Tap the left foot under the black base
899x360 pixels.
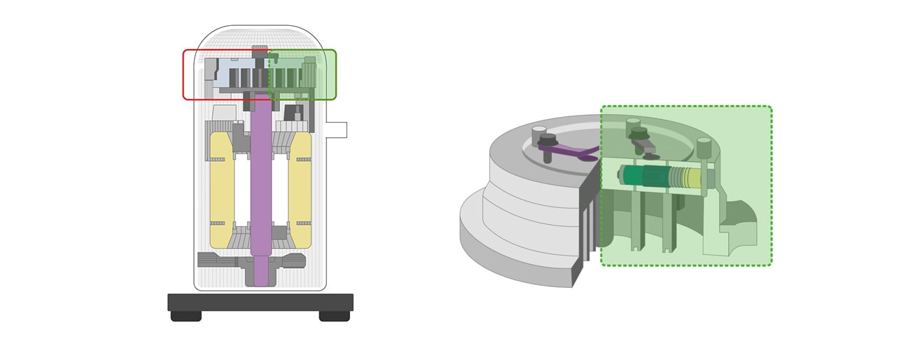186,316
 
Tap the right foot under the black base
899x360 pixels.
334,316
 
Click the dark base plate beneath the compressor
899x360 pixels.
260,302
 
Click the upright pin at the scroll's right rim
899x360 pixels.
704,148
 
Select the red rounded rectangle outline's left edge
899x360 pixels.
184,74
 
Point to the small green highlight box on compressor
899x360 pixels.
302,74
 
